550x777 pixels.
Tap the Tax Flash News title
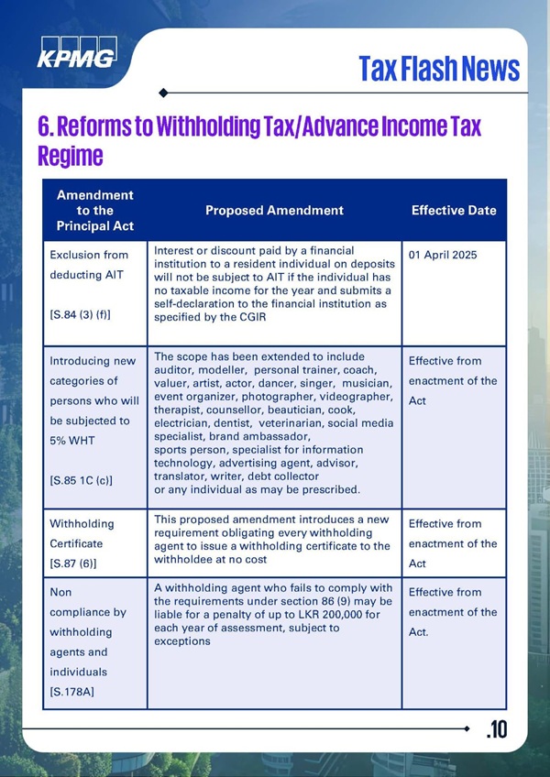pyautogui.click(x=438, y=68)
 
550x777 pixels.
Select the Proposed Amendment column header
pyautogui.click(x=274, y=211)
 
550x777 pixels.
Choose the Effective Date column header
pyautogui.click(x=454, y=211)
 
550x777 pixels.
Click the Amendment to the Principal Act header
pyautogui.click(x=94, y=210)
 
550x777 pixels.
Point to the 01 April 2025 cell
pyautogui.click(x=444, y=253)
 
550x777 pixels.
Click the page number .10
pyautogui.click(x=496, y=729)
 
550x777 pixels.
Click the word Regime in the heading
pyautogui.click(x=70, y=156)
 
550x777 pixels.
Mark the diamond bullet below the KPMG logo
pyautogui.click(x=163, y=92)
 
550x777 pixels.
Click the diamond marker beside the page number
pyautogui.click(x=467, y=728)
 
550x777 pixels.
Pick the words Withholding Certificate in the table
pyautogui.click(x=82, y=533)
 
